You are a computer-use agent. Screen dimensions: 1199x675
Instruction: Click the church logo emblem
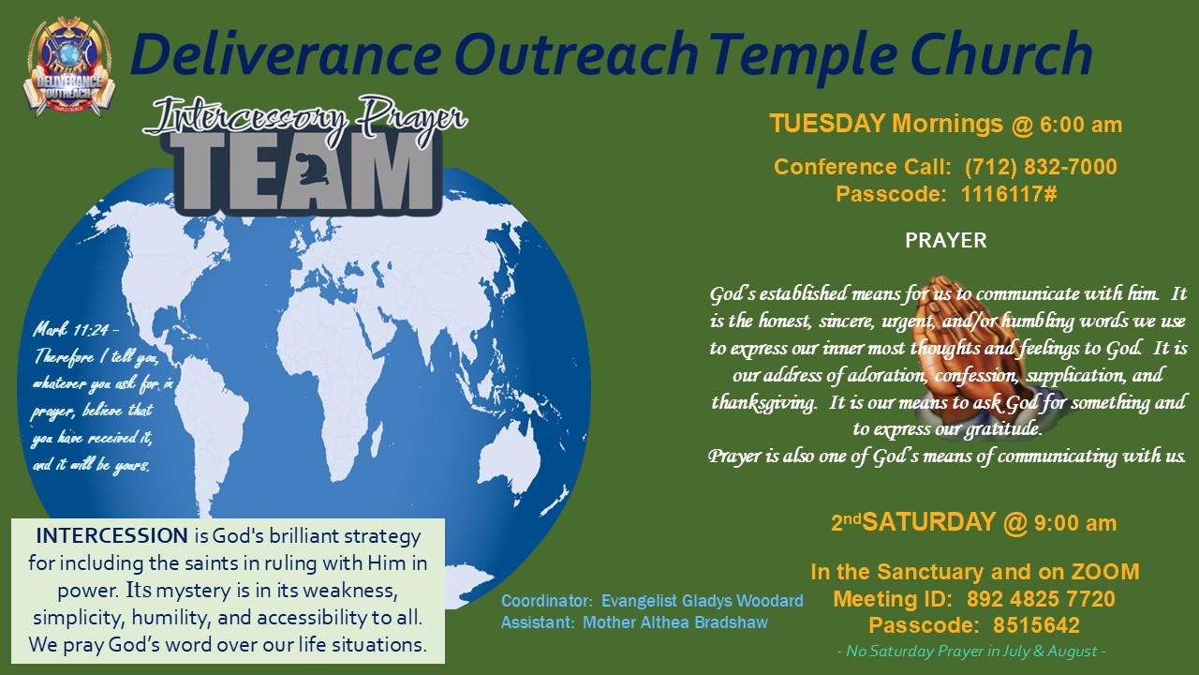click(x=69, y=67)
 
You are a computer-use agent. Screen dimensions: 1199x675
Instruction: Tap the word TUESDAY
click(x=827, y=124)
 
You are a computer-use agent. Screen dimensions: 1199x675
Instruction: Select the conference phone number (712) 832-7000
click(x=1041, y=167)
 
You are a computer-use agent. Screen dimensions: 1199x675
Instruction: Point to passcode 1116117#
click(x=1009, y=194)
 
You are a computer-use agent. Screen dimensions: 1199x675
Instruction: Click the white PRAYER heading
click(x=946, y=241)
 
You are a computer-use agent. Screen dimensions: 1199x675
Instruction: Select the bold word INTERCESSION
click(x=111, y=535)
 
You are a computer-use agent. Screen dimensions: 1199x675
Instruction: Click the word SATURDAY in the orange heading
click(x=929, y=522)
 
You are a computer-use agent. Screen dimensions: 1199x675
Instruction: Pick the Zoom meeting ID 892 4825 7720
click(x=1041, y=599)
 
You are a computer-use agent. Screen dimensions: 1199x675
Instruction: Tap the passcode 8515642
click(x=1036, y=625)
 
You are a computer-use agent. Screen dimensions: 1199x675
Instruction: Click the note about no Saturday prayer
click(x=971, y=651)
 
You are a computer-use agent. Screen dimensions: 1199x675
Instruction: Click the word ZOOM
click(x=1104, y=572)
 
